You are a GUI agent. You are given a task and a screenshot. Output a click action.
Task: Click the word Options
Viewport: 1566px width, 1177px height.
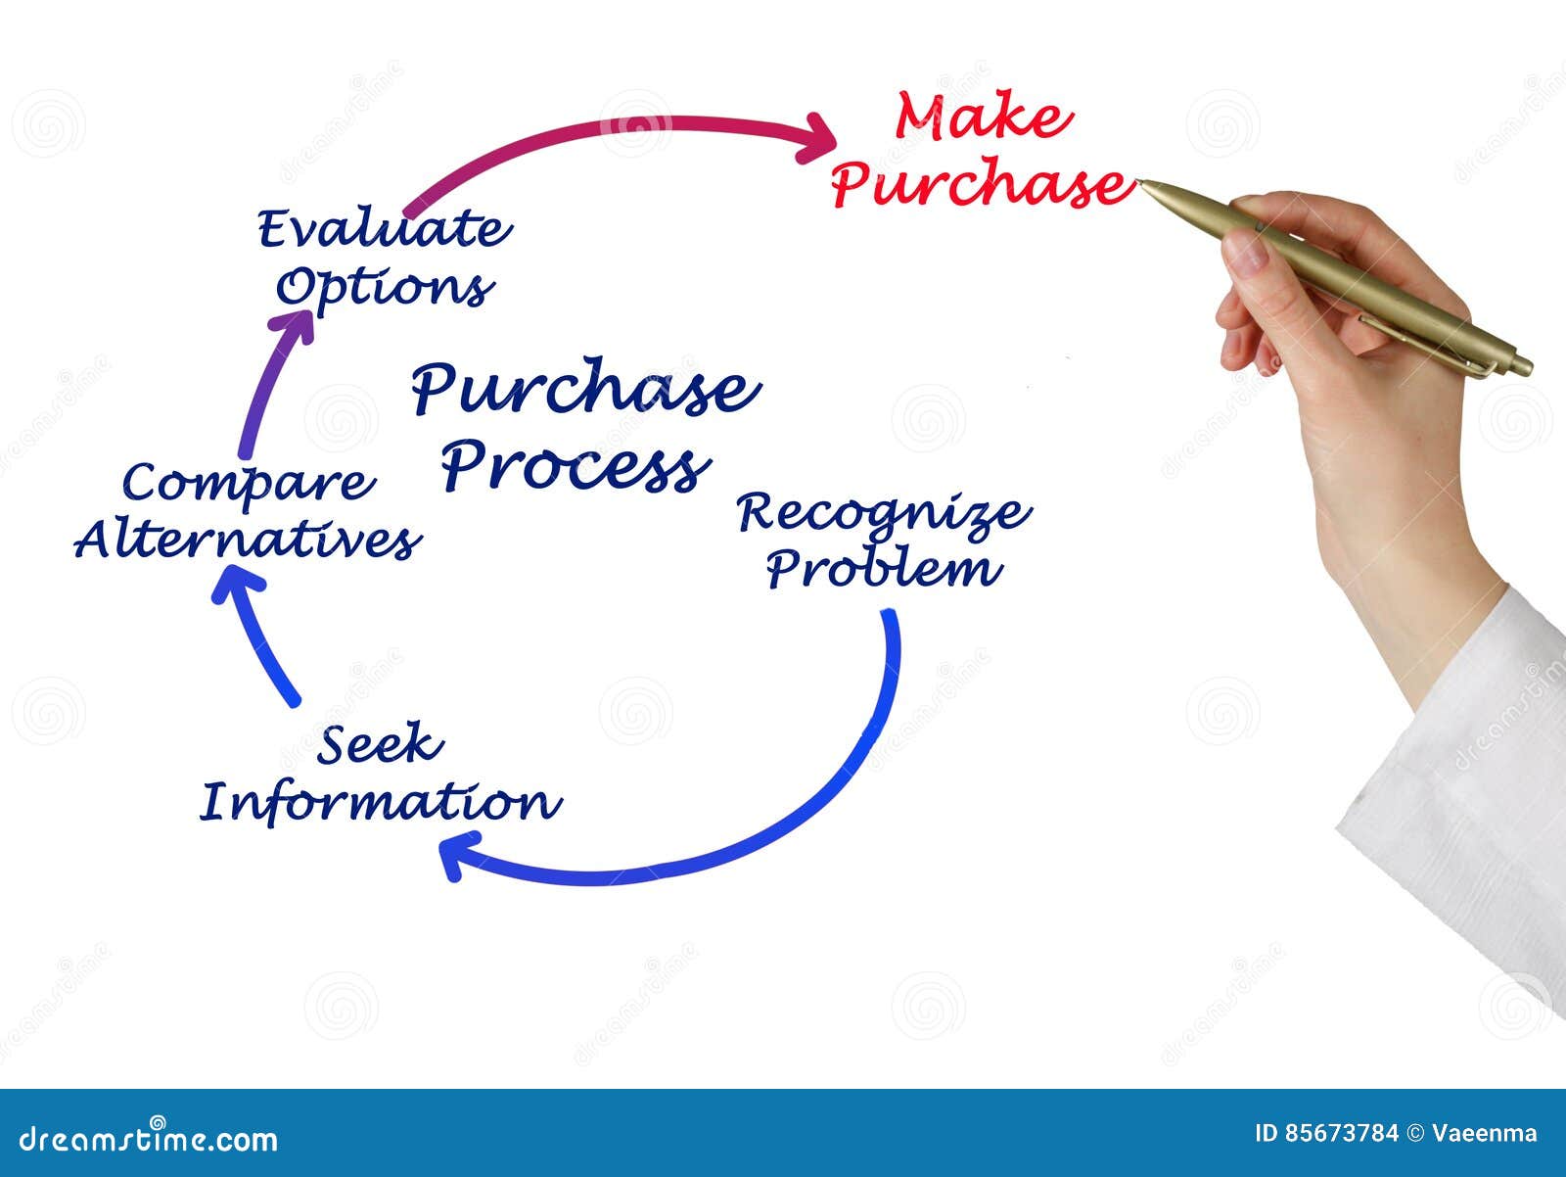pos(384,287)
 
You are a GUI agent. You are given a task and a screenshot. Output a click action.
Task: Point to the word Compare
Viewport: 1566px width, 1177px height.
pos(249,484)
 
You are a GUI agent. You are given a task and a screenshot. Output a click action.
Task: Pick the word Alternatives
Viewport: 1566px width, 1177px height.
pos(248,540)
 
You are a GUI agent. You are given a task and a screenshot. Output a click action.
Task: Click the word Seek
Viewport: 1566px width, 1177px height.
pos(380,745)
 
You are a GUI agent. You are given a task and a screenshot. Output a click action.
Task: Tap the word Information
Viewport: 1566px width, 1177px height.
pos(380,802)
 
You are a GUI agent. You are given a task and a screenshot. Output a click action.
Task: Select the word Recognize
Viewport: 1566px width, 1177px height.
pos(883,513)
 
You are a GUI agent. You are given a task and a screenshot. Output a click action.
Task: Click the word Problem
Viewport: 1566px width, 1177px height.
pos(883,569)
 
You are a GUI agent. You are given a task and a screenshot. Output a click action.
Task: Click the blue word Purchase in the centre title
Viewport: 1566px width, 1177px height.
pos(584,389)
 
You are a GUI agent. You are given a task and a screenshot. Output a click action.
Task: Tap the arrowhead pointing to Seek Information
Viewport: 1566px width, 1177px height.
pos(456,854)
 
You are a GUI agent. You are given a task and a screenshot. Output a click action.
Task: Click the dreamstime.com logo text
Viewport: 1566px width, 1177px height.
pos(149,1138)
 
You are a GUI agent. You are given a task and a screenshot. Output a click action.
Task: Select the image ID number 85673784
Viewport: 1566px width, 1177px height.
pos(1341,1134)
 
